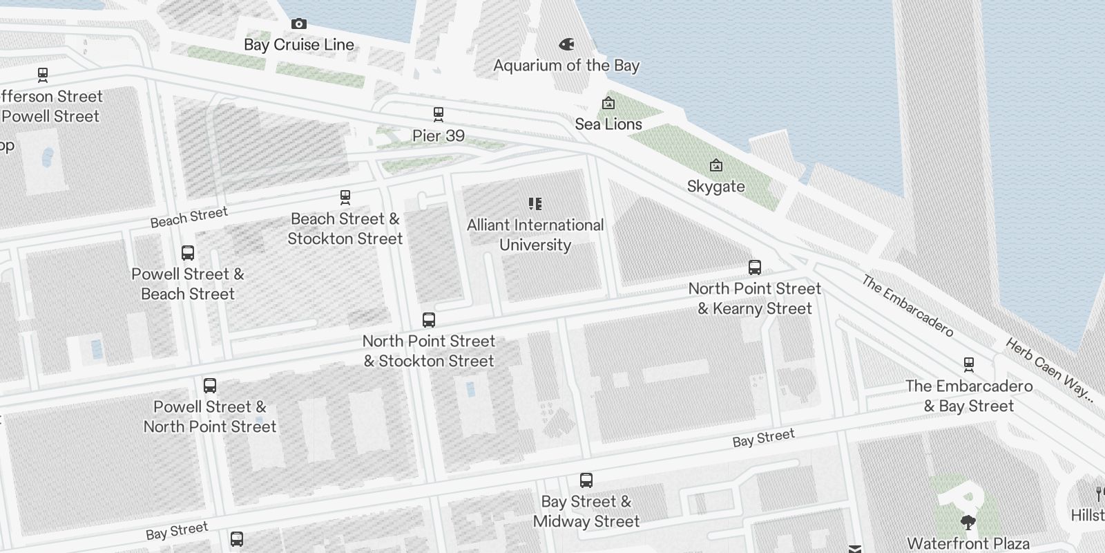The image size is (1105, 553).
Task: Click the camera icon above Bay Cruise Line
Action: [x=298, y=24]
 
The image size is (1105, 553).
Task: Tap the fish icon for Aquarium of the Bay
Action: [x=566, y=45]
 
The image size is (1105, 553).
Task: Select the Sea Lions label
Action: [x=608, y=124]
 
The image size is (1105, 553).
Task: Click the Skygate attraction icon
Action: [x=716, y=166]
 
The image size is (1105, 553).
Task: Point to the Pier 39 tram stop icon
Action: [x=438, y=114]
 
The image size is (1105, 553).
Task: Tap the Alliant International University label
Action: [x=535, y=235]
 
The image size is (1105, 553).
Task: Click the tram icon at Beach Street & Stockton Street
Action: [x=345, y=198]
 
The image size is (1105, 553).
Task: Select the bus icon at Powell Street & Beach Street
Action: [x=188, y=253]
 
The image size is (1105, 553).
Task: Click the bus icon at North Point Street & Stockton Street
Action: [x=429, y=320]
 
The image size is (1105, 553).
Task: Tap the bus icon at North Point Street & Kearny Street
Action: [x=755, y=268]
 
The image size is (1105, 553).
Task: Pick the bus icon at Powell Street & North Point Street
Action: [x=210, y=386]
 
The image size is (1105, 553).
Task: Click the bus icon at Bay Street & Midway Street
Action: [x=586, y=480]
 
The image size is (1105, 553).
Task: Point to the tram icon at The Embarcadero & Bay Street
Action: [x=969, y=365]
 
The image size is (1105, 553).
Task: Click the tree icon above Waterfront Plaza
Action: [x=968, y=522]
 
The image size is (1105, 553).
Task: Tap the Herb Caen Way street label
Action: [x=1048, y=369]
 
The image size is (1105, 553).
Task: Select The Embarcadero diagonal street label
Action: [x=907, y=306]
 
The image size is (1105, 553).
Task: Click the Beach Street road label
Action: [x=189, y=217]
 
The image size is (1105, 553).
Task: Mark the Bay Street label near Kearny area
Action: [x=763, y=438]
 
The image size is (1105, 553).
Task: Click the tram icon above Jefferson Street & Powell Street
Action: [x=43, y=75]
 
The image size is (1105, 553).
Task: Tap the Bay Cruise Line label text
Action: [x=299, y=45]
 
